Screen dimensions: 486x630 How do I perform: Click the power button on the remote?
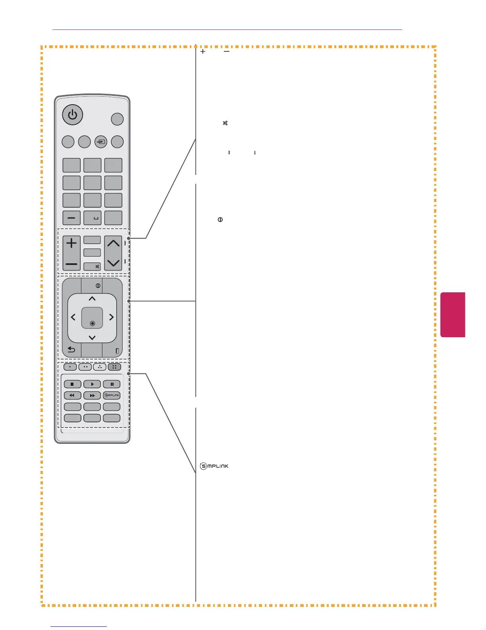click(x=72, y=115)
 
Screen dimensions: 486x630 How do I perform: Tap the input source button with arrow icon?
click(x=101, y=142)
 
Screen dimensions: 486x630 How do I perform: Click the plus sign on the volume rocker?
click(x=71, y=243)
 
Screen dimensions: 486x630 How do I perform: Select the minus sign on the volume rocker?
click(x=71, y=264)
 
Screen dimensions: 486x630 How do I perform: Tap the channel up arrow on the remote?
click(x=113, y=243)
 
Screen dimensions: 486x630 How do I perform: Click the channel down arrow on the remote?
click(x=113, y=263)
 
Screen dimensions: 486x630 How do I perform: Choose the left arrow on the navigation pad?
click(x=73, y=317)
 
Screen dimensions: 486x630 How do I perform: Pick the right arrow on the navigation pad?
click(x=112, y=317)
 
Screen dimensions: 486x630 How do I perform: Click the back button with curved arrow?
click(x=71, y=350)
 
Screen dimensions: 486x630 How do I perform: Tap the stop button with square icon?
click(x=72, y=384)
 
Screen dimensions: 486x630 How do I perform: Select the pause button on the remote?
click(x=112, y=384)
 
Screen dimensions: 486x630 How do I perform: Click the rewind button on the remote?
click(x=72, y=395)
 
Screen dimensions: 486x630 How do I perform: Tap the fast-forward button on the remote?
click(x=92, y=395)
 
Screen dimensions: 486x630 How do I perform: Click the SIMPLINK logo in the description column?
click(x=214, y=466)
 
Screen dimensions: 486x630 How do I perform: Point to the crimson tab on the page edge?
click(x=452, y=315)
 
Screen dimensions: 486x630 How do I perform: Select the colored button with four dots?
click(x=114, y=367)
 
